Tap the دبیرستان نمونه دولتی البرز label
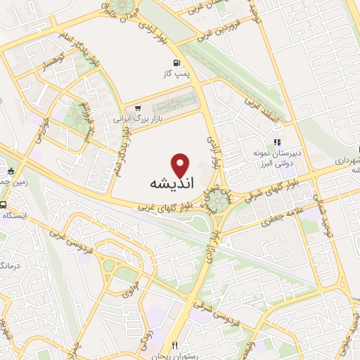point(277,157)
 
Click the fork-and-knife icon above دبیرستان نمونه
point(266,141)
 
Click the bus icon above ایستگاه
point(4,206)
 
